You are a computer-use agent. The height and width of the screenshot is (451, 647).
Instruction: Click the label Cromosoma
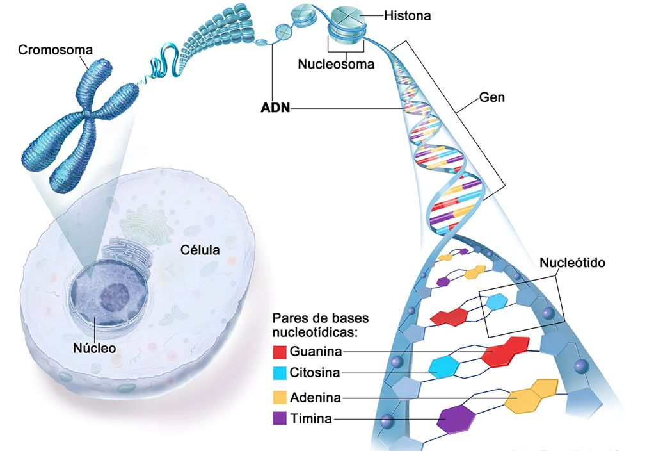coord(56,49)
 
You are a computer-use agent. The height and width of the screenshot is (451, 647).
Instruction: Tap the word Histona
coord(408,15)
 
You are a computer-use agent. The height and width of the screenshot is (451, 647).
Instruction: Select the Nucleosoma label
coord(336,64)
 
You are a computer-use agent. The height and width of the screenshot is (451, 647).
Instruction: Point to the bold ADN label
coord(275,108)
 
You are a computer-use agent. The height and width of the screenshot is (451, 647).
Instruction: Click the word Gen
coord(492,98)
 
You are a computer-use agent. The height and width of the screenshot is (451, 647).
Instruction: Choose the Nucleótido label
coord(572,263)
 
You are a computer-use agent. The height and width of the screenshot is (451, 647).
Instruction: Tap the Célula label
coord(198,250)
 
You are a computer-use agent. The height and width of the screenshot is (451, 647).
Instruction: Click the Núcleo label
coord(94,348)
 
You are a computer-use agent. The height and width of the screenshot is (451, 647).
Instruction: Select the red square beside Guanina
coord(279,352)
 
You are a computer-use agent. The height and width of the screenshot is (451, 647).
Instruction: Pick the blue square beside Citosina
coord(279,373)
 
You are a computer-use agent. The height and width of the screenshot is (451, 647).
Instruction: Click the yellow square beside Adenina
coord(279,398)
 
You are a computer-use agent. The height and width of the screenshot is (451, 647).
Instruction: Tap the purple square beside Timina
coord(279,420)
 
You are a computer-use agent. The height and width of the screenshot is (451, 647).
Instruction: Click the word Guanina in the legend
coord(316,351)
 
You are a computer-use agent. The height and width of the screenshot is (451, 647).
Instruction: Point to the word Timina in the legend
coord(310,420)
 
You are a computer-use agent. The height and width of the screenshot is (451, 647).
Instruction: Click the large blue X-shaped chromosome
coord(80,128)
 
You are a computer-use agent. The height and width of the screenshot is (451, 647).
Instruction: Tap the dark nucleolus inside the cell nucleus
coord(115,297)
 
